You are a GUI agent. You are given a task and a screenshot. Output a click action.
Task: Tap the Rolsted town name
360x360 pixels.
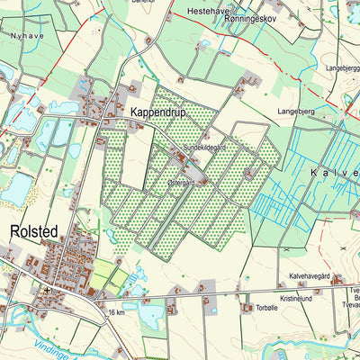tap(33, 231)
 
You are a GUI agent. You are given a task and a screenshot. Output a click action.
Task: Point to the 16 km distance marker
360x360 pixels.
tap(114, 312)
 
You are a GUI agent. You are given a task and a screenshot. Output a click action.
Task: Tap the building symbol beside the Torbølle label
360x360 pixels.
tap(246, 307)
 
